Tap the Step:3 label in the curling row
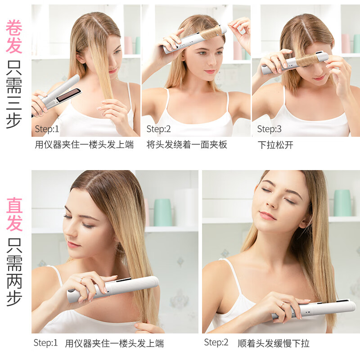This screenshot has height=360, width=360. pyautogui.click(x=269, y=130)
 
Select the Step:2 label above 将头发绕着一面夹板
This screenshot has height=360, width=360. pyautogui.click(x=159, y=130)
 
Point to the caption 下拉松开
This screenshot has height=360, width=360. pyautogui.click(x=275, y=145)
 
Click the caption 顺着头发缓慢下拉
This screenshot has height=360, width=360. pyautogui.click(x=274, y=344)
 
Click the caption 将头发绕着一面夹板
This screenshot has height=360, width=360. pyautogui.click(x=187, y=145)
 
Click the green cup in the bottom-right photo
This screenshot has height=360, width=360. pyautogui.click(x=342, y=202)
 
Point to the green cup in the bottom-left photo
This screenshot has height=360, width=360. pyautogui.click(x=162, y=212)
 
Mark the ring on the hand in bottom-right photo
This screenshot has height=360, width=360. pyautogui.click(x=282, y=305)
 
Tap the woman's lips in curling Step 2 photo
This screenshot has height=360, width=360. pyautogui.click(x=210, y=72)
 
